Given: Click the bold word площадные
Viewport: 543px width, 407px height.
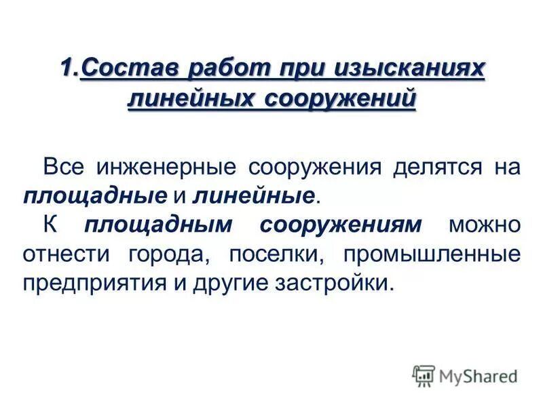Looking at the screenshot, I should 94,196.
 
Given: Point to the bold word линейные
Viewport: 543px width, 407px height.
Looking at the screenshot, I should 255,196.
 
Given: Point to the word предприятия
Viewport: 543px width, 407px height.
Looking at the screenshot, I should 90,284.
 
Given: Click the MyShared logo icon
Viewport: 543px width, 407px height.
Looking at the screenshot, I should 424,374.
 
